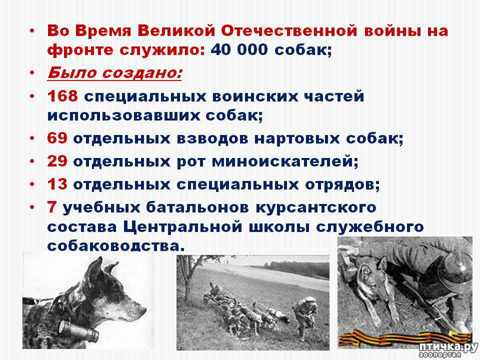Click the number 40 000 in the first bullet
click(239, 50)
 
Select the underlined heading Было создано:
click(114, 73)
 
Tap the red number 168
click(62, 96)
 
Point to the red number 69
click(57, 138)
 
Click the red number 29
click(57, 161)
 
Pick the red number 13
click(57, 184)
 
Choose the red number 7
click(52, 207)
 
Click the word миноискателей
click(284, 161)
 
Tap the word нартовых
click(297, 138)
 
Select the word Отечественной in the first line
click(289, 31)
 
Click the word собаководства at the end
click(116, 246)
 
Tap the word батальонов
click(197, 207)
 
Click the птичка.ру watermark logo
click(448, 349)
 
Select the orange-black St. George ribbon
click(404, 338)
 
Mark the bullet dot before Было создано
click(32, 73)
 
